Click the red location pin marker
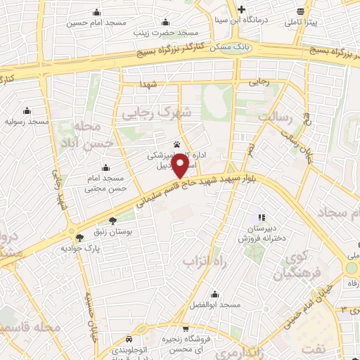pos(180,166)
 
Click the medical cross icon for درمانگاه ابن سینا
pos(241,9)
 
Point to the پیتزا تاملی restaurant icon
pos(300,11)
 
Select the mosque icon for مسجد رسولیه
pos(27,110)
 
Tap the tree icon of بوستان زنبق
pos(112,220)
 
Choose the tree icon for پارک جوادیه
pos(79,238)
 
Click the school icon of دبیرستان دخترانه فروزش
pos(262,218)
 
